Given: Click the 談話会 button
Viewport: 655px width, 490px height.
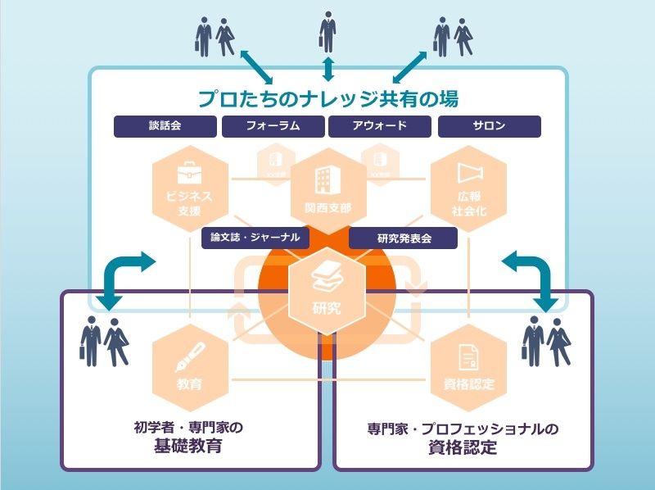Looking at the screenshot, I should (165, 126).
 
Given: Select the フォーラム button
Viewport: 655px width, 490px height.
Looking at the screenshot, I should (273, 126).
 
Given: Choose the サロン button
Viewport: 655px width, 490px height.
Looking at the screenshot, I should (489, 126).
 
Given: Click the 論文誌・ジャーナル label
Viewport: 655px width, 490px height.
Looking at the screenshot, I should (255, 238).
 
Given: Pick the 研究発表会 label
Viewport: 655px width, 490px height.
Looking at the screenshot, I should (403, 238).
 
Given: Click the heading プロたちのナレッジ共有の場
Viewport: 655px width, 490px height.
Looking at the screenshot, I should (327, 98).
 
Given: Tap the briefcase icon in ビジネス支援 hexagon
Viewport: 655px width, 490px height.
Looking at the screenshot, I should (189, 173).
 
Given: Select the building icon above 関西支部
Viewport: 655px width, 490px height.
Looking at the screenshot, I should (327, 178).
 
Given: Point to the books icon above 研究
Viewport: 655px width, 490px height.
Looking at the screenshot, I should (327, 281).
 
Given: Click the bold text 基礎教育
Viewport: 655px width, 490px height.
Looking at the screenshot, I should (189, 447).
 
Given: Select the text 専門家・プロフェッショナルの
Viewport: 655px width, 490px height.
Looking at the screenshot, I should (463, 429).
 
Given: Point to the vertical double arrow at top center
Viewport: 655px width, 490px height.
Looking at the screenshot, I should (327, 68).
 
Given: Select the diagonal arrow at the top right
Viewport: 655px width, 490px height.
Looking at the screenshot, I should (412, 66).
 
